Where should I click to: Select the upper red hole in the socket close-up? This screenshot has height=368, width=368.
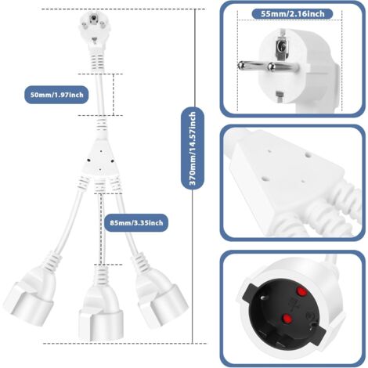(x=298, y=292)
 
